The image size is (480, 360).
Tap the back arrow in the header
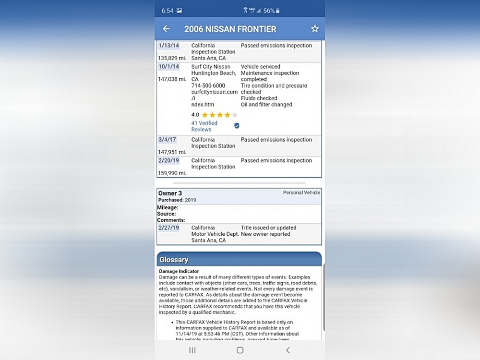(166, 29)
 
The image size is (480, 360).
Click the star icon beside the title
(315, 29)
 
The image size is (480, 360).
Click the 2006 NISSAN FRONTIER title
(230, 29)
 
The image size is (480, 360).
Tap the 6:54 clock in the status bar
(168, 11)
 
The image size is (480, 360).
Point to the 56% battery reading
(269, 11)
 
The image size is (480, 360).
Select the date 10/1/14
(168, 67)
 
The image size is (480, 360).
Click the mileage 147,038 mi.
(172, 79)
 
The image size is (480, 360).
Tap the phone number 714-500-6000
(208, 86)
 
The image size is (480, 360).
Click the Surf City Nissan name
(211, 67)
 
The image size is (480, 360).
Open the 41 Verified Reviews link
(204, 126)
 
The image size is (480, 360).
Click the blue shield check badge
(237, 126)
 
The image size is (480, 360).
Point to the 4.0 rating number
(195, 115)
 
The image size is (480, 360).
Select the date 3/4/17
(167, 140)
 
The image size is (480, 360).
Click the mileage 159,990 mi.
(172, 173)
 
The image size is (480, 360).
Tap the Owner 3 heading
(170, 193)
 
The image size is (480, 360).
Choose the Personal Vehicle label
(301, 192)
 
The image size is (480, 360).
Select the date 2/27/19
(168, 228)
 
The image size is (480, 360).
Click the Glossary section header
(174, 260)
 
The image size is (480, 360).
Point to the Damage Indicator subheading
(179, 271)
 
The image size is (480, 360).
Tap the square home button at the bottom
(240, 350)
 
